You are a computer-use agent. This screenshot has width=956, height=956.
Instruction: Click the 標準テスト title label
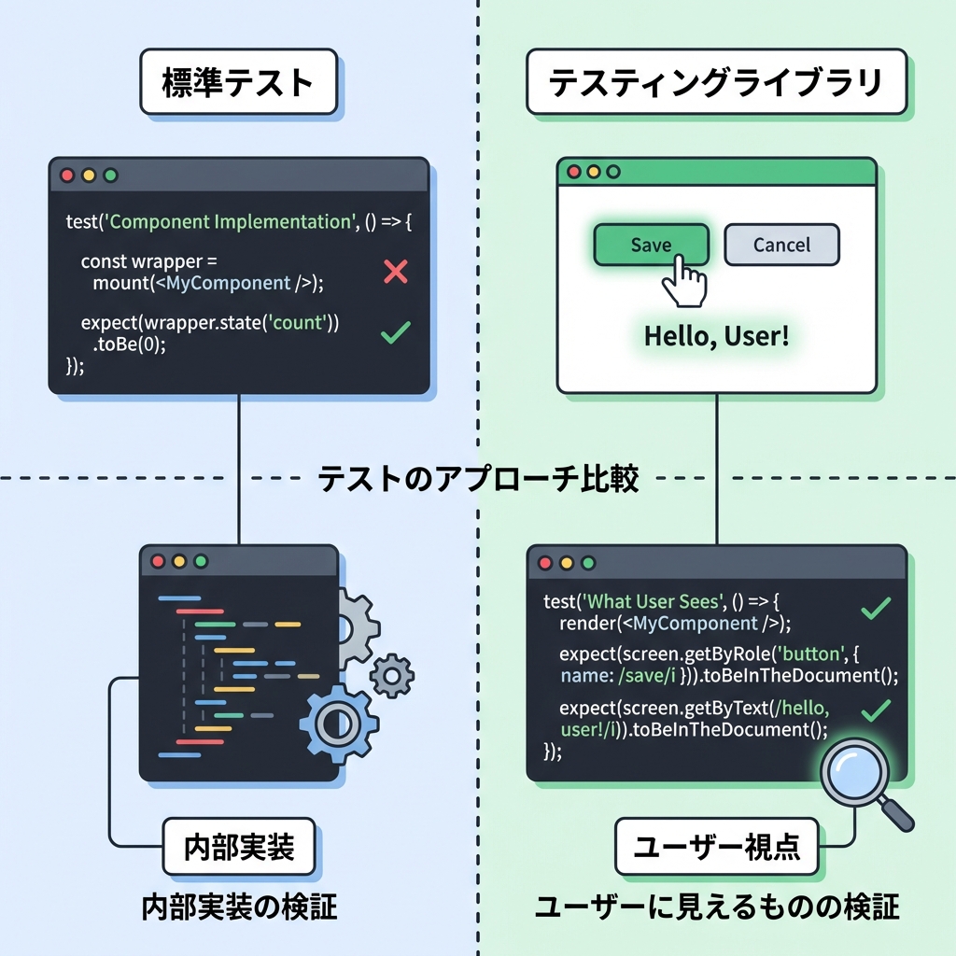[237, 83]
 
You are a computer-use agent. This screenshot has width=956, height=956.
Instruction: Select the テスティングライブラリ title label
[715, 83]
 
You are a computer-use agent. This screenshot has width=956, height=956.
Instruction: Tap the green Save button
[651, 245]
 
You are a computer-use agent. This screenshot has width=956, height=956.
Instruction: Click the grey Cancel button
[781, 245]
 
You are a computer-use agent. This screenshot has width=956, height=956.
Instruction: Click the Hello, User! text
[716, 336]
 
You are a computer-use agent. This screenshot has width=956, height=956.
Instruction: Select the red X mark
[396, 272]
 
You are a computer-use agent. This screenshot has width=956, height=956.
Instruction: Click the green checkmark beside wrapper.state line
[397, 331]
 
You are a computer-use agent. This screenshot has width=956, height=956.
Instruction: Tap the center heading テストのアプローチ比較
[478, 479]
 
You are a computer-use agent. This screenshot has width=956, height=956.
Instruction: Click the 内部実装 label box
[239, 847]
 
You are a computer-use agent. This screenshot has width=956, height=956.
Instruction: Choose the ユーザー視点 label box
[716, 847]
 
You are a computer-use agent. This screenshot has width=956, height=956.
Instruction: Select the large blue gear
[338, 722]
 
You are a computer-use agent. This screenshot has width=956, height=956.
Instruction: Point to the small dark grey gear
[392, 673]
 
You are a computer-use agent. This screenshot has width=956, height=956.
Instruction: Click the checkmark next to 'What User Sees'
[875, 610]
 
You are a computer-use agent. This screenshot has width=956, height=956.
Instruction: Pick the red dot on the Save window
[573, 173]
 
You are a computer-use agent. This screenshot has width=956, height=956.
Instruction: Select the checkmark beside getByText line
[875, 711]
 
